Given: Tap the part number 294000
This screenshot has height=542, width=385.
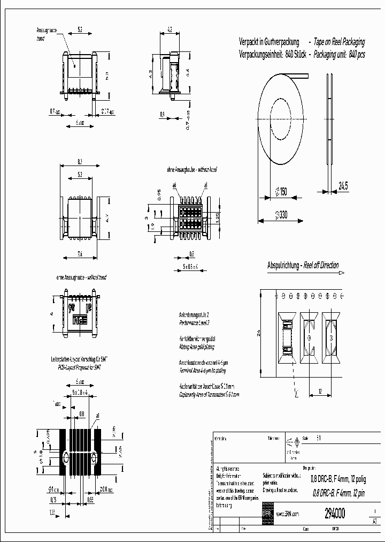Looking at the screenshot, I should point(335,513).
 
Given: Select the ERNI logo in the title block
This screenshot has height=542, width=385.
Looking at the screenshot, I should point(267,512).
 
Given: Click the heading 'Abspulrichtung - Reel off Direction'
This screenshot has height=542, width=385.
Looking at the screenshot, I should point(303,266).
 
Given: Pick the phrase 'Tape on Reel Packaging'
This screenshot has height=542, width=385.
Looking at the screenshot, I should point(339,42).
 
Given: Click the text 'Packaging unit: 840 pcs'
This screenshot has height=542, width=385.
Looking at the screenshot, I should point(339,55).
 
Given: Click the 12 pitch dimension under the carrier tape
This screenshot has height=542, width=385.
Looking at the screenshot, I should point(320,392).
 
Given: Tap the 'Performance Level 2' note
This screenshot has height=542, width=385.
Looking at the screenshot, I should point(194,323).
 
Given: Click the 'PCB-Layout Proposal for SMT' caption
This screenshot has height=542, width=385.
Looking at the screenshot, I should point(79,368).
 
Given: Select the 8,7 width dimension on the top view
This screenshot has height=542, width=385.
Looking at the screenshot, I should point(80,161).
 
